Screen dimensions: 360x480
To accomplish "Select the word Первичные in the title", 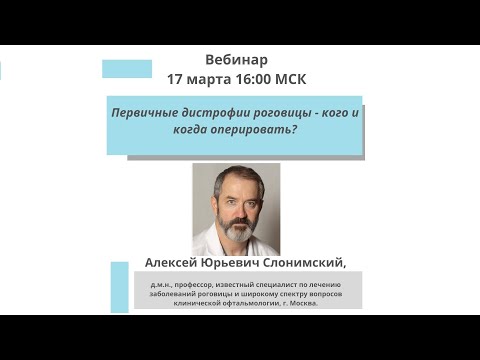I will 145,114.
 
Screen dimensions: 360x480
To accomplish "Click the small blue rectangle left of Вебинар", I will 127,68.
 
